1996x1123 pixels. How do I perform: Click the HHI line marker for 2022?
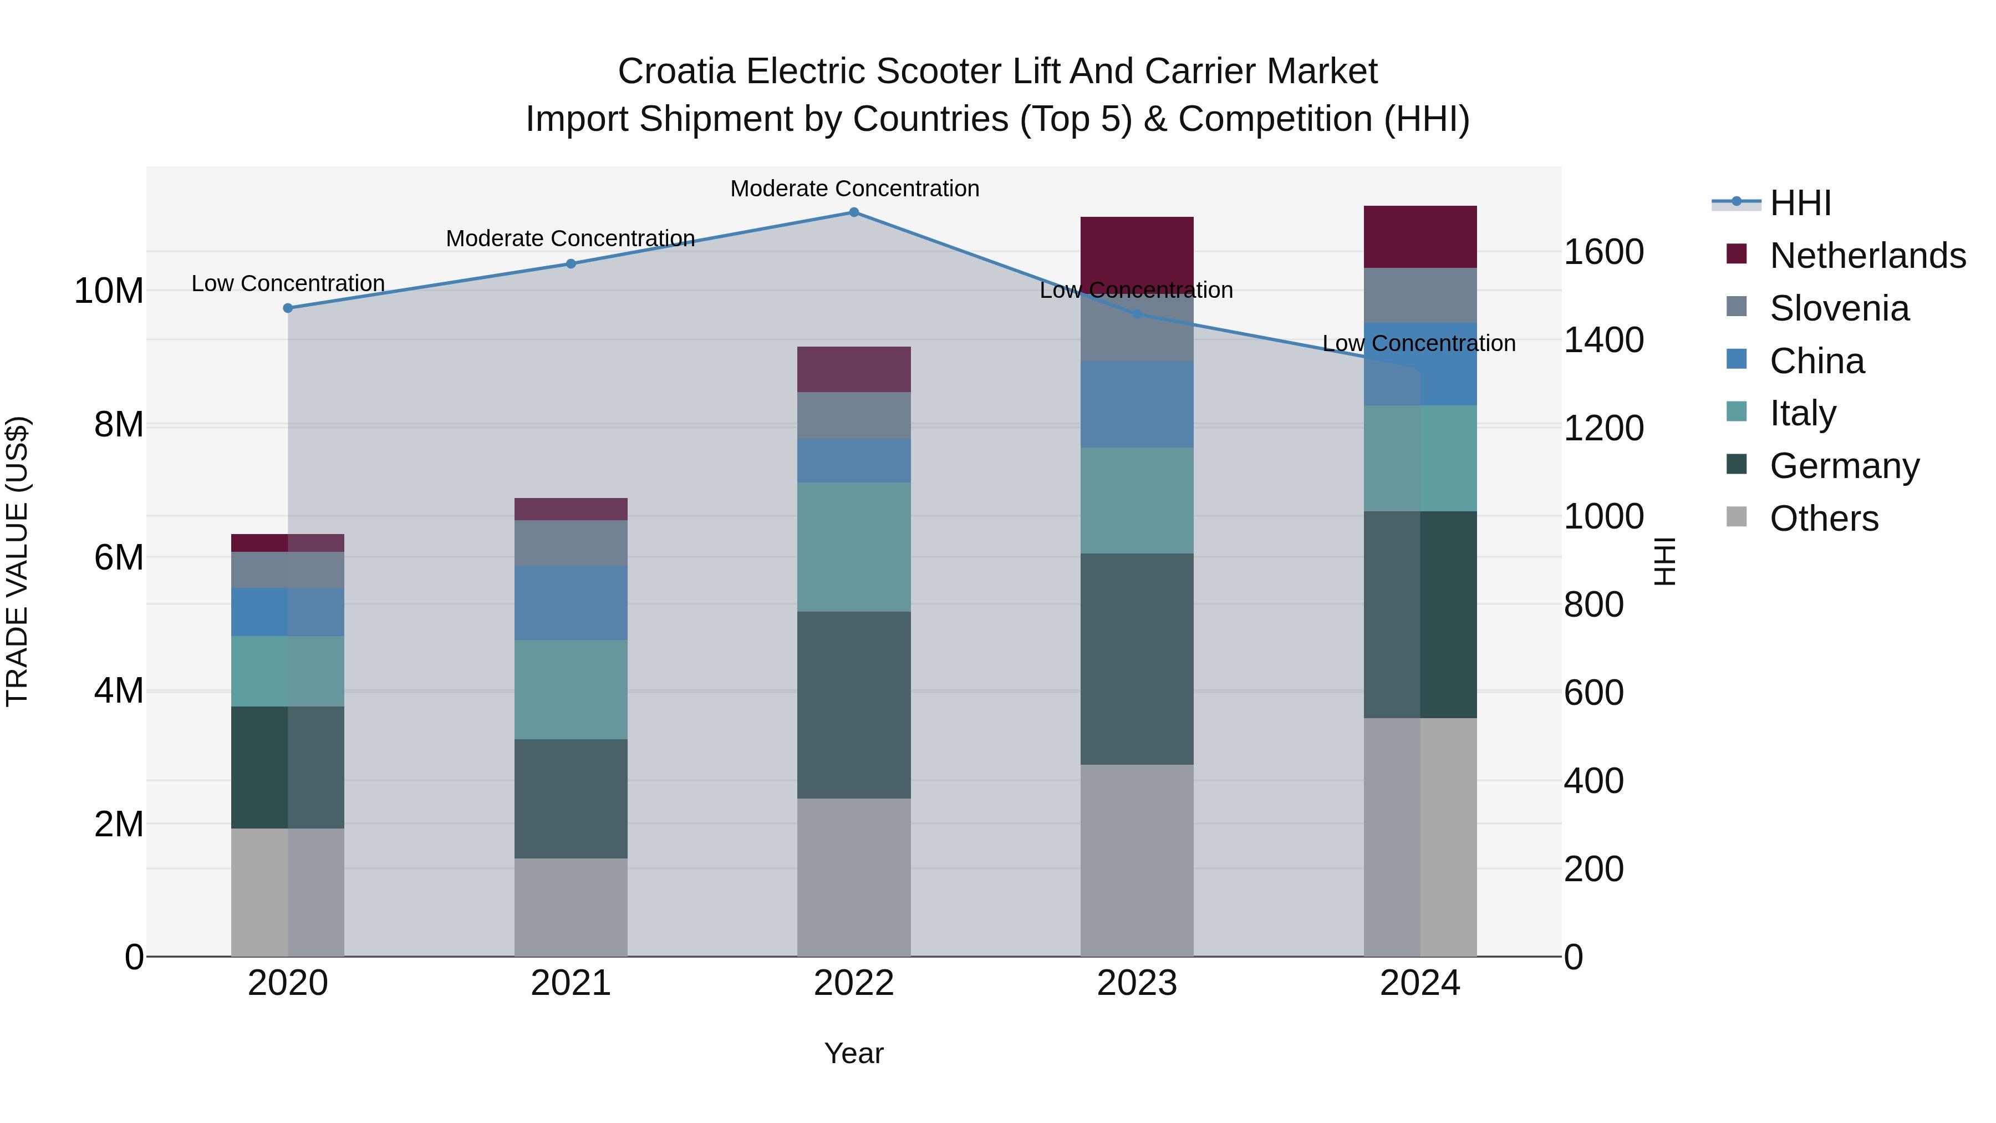point(854,212)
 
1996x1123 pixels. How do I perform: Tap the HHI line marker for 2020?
point(288,308)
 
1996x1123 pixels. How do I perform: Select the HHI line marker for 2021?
point(571,263)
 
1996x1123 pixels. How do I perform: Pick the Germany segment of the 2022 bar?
point(854,705)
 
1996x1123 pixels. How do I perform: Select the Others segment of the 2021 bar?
point(571,907)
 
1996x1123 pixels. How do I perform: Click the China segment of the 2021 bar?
point(571,603)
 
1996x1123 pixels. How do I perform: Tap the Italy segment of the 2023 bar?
point(1137,501)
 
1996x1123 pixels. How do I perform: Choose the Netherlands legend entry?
point(1867,256)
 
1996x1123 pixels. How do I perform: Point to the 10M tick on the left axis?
point(109,291)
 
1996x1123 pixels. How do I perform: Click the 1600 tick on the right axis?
point(1603,252)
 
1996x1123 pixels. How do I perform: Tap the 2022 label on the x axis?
point(854,983)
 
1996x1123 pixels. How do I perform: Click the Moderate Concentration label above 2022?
point(854,189)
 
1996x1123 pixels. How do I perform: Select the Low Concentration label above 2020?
point(288,283)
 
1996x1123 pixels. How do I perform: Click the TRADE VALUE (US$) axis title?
point(18,561)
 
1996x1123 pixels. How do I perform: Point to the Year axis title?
point(854,1053)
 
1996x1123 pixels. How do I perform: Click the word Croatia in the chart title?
point(676,72)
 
